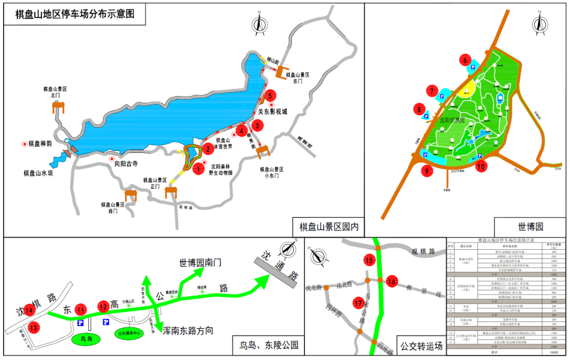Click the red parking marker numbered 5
coord(270,96)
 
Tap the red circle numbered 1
coord(198,169)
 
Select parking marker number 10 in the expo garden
coord(480,167)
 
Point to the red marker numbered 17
coord(359,303)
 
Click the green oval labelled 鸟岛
coord(85,338)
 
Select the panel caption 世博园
coord(530,227)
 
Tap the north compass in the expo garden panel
coord(539,24)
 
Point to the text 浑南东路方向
coord(188,331)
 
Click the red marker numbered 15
coord(369,260)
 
